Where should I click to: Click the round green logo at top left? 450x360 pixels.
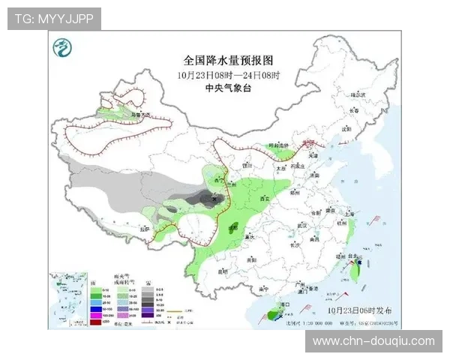tap(61, 51)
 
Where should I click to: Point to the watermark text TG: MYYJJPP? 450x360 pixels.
tap(54, 19)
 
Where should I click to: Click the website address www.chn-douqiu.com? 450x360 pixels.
tap(373, 341)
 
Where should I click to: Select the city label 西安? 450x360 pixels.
tap(264, 199)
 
